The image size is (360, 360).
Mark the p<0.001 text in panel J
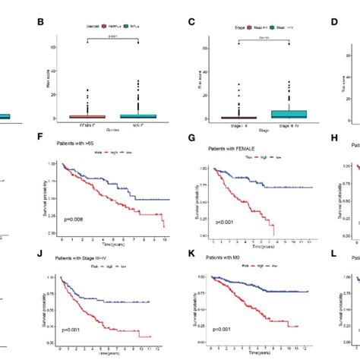pyautogui.click(x=74, y=330)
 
